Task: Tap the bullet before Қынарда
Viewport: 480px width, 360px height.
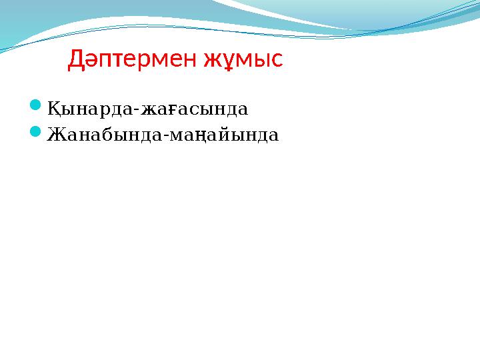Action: [x=37, y=106]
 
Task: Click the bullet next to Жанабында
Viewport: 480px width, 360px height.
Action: [x=37, y=133]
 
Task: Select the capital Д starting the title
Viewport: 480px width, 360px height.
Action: [x=75, y=60]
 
